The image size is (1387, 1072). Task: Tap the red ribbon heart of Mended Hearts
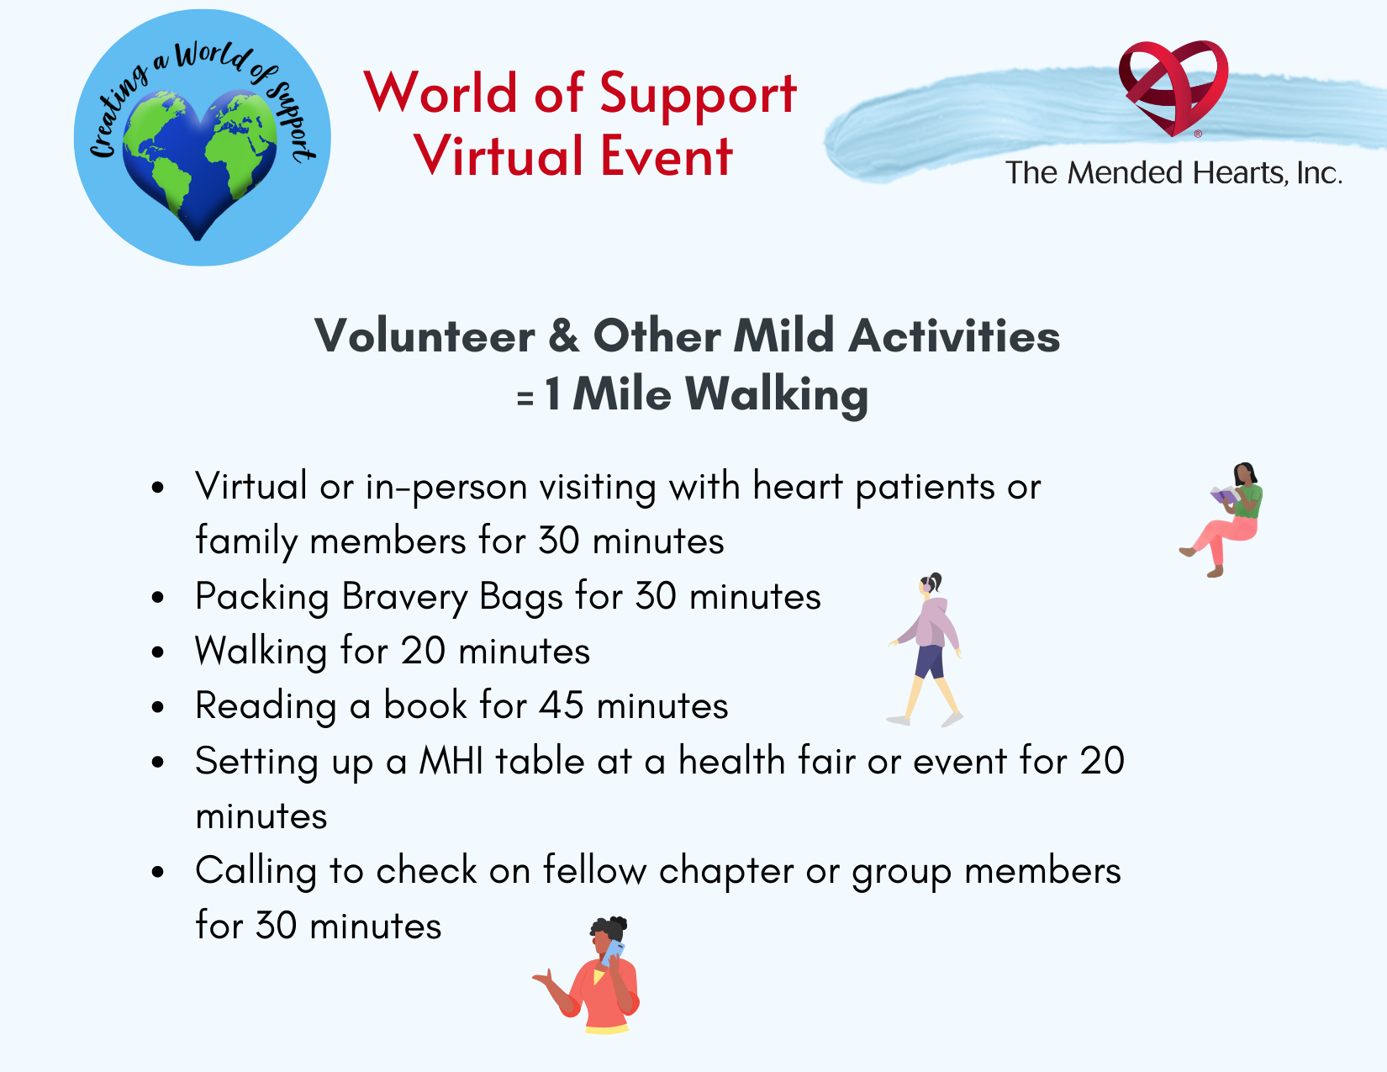pyautogui.click(x=1173, y=87)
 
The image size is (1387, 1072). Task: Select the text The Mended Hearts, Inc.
pyautogui.click(x=1173, y=173)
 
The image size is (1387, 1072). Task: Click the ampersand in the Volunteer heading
pyautogui.click(x=564, y=335)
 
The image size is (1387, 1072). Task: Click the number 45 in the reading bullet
pyautogui.click(x=561, y=705)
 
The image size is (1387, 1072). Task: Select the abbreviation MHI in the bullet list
pyautogui.click(x=451, y=761)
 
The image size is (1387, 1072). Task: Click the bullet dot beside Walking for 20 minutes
pyautogui.click(x=158, y=652)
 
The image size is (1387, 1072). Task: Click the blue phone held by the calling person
pyautogui.click(x=613, y=952)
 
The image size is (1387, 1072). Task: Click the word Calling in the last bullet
pyautogui.click(x=256, y=872)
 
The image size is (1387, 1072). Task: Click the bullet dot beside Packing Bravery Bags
pyautogui.click(x=158, y=598)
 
